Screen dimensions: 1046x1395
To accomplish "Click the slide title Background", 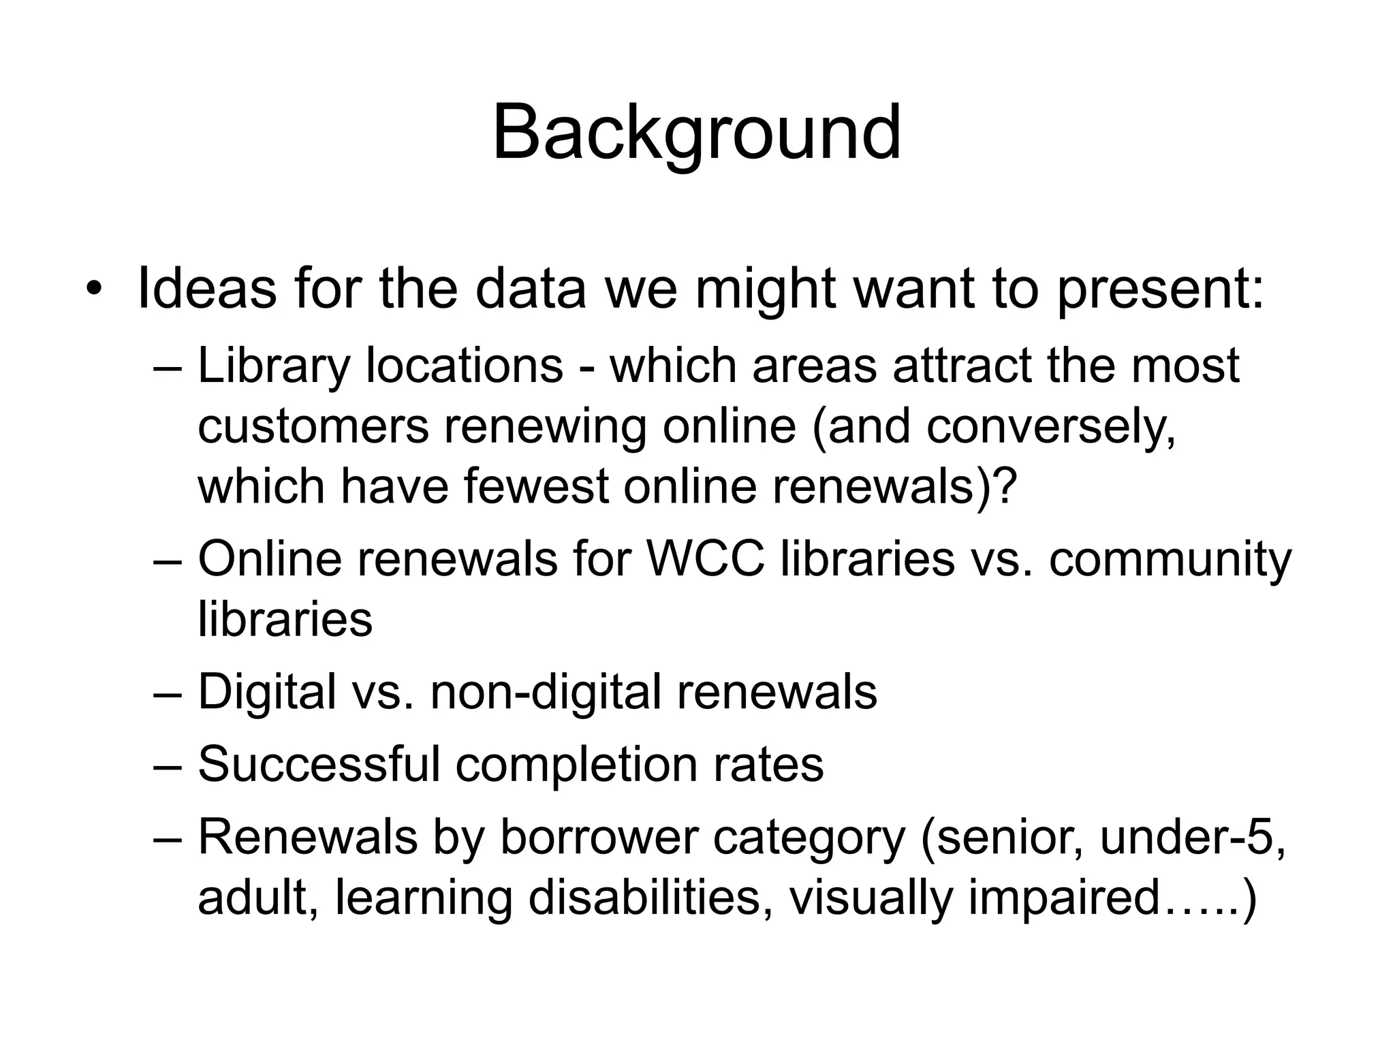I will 697,133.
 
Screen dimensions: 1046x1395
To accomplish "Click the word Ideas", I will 207,289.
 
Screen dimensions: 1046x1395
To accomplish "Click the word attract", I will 962,365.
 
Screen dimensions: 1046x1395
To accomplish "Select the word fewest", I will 536,486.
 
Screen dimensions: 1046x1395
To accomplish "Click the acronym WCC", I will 705,559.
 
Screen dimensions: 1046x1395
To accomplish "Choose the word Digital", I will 267,692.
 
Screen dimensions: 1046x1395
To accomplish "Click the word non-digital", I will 546,692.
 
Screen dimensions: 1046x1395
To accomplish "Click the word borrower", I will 599,838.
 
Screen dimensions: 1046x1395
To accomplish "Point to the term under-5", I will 1192,838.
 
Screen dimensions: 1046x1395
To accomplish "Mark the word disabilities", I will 650,897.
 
